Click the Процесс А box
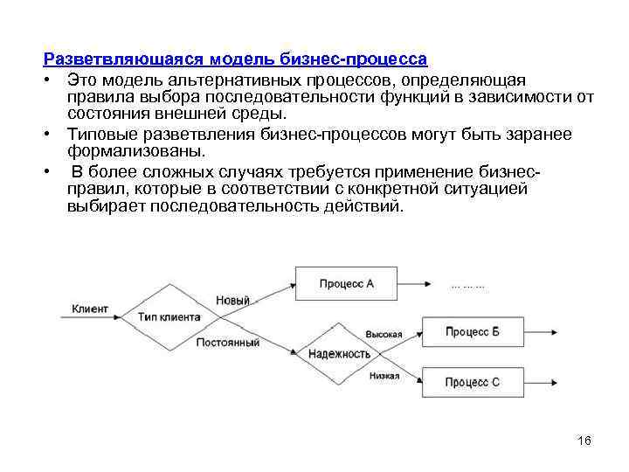(x=346, y=283)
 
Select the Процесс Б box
(x=472, y=332)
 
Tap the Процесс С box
(x=472, y=382)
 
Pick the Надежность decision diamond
(x=340, y=354)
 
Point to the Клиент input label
(x=90, y=309)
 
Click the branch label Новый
(x=232, y=300)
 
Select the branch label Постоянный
(x=228, y=343)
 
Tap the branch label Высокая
(x=384, y=334)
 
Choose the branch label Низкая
(x=384, y=376)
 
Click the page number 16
(x=584, y=441)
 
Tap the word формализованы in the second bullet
(x=135, y=151)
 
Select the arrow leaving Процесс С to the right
(x=540, y=383)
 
